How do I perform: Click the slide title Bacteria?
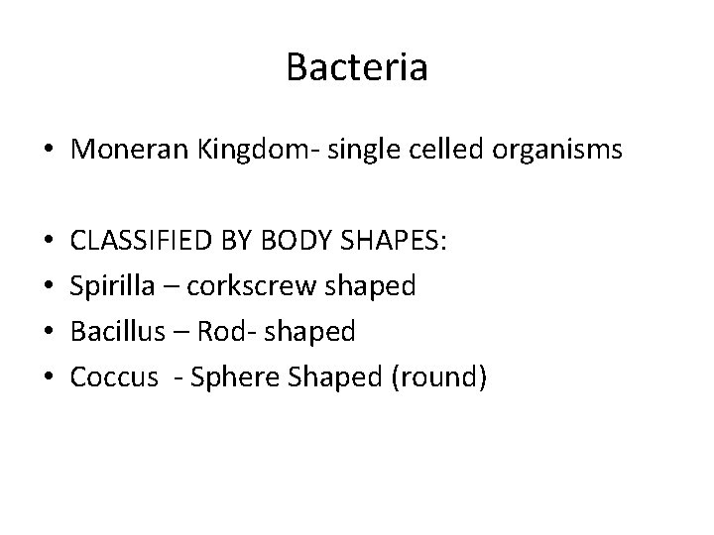click(357, 67)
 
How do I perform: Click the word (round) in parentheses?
click(435, 377)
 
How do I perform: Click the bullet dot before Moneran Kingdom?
click(48, 152)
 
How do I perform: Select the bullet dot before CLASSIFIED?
click(48, 244)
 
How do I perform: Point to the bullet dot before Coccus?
click(48, 379)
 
